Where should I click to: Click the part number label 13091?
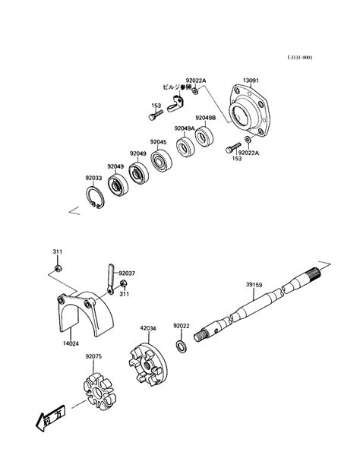pos(252,80)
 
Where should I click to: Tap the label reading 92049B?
pos(205,118)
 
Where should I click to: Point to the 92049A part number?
pos(185,129)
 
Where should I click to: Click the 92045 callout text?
pos(158,142)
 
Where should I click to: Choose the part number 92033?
pos(93,179)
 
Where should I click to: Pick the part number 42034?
pos(148,329)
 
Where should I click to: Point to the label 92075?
pos(94,355)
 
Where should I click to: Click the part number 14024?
pos(69,343)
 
